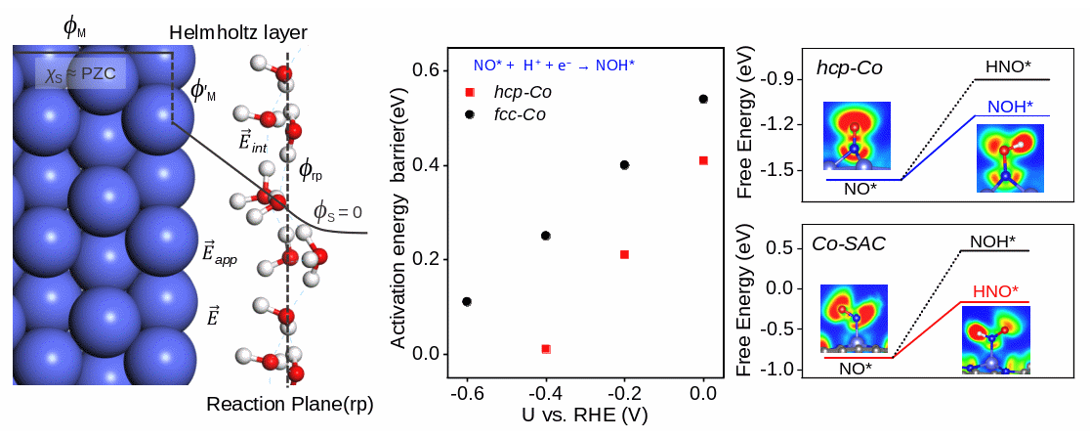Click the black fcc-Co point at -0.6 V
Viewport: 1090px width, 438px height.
point(467,302)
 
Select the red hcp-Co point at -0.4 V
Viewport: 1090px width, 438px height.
point(546,349)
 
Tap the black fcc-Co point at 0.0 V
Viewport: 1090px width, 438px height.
point(703,99)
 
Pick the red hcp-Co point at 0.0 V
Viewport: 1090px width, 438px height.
point(703,160)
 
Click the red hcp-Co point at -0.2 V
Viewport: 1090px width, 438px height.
point(624,254)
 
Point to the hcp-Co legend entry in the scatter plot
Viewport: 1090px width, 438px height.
point(518,92)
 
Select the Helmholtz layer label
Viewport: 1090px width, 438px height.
point(231,34)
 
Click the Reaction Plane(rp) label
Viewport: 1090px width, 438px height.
point(290,404)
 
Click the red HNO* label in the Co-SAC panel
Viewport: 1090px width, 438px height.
point(997,291)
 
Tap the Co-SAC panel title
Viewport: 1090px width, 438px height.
point(849,243)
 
